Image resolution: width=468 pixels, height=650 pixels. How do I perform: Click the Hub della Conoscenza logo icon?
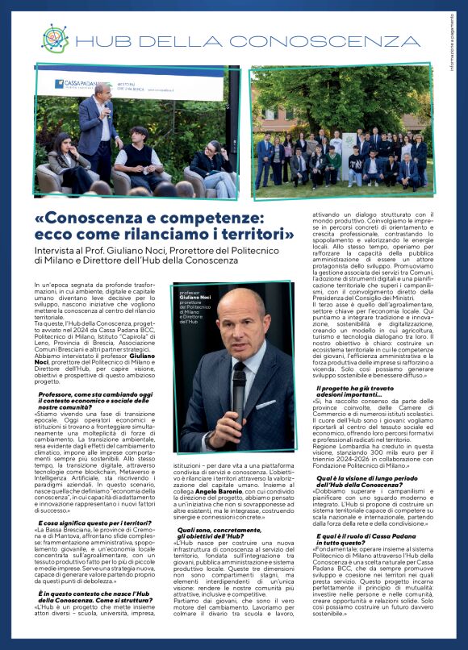[54, 38]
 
